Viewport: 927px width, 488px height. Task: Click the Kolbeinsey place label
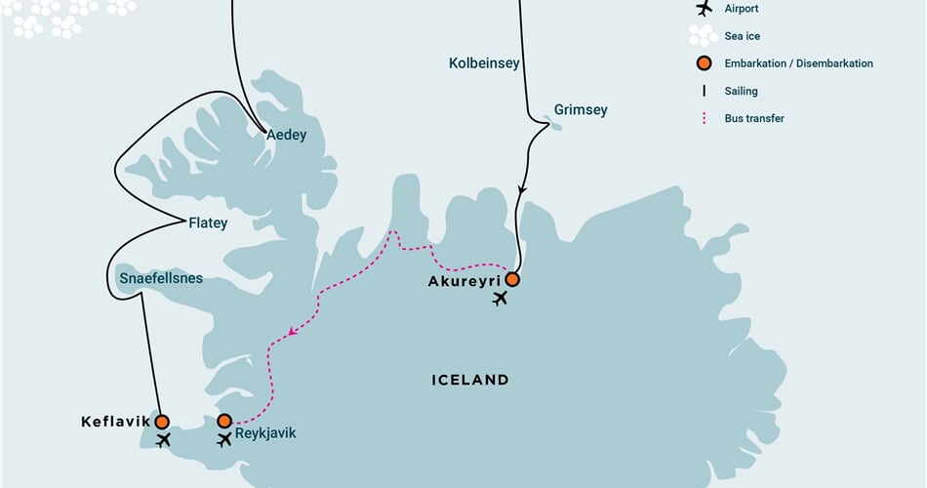point(484,63)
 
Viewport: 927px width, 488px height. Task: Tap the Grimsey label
point(580,110)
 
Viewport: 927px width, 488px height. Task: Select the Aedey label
point(286,136)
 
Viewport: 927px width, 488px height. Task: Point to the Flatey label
point(207,223)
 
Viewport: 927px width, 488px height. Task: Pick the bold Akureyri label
point(463,281)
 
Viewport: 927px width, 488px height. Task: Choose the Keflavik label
point(115,421)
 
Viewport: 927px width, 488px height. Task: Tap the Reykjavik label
point(265,433)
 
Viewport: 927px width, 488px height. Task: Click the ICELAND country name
point(469,380)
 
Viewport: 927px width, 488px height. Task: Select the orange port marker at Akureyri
point(511,279)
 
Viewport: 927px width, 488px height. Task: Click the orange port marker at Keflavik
point(161,421)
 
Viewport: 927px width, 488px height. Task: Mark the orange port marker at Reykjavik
point(224,421)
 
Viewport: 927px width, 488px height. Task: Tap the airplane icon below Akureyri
point(501,299)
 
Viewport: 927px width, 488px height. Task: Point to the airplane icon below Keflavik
point(163,440)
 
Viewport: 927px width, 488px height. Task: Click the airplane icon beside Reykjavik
point(225,440)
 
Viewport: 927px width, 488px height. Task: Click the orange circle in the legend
point(703,63)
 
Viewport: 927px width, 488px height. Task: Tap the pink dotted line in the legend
point(703,118)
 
